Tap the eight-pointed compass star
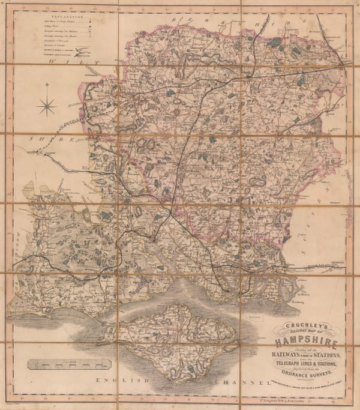coord(46,107)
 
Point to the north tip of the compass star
coord(46,96)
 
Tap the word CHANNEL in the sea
coord(243,382)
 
